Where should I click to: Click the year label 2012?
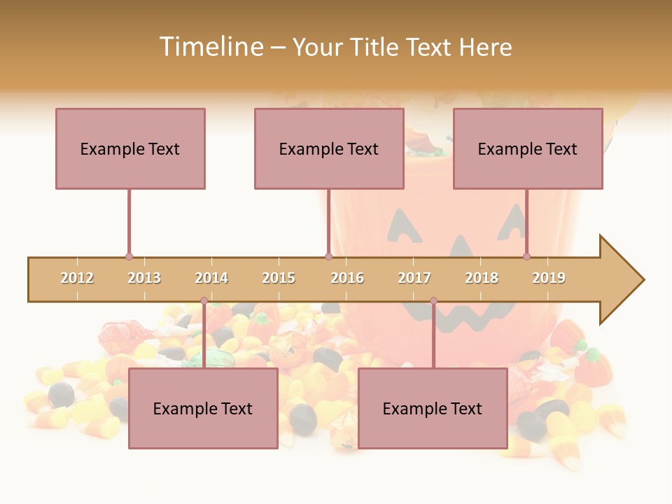(77, 278)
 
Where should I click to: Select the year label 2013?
(144, 278)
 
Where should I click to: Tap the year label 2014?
(211, 278)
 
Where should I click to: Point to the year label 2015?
(279, 278)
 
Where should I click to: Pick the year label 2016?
(347, 278)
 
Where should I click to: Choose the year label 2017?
(414, 278)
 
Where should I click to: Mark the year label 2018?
(482, 278)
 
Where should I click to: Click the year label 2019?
(549, 278)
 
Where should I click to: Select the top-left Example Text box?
(130, 148)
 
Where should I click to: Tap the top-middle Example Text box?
(329, 148)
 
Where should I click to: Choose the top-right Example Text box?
(528, 148)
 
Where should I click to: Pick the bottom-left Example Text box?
(203, 408)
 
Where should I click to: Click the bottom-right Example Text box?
(433, 408)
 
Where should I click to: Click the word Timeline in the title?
(210, 47)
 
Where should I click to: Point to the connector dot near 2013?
(129, 257)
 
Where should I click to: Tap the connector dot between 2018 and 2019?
(526, 257)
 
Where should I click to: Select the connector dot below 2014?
(204, 301)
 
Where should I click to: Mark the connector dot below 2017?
(433, 301)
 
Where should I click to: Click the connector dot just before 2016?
(328, 257)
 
